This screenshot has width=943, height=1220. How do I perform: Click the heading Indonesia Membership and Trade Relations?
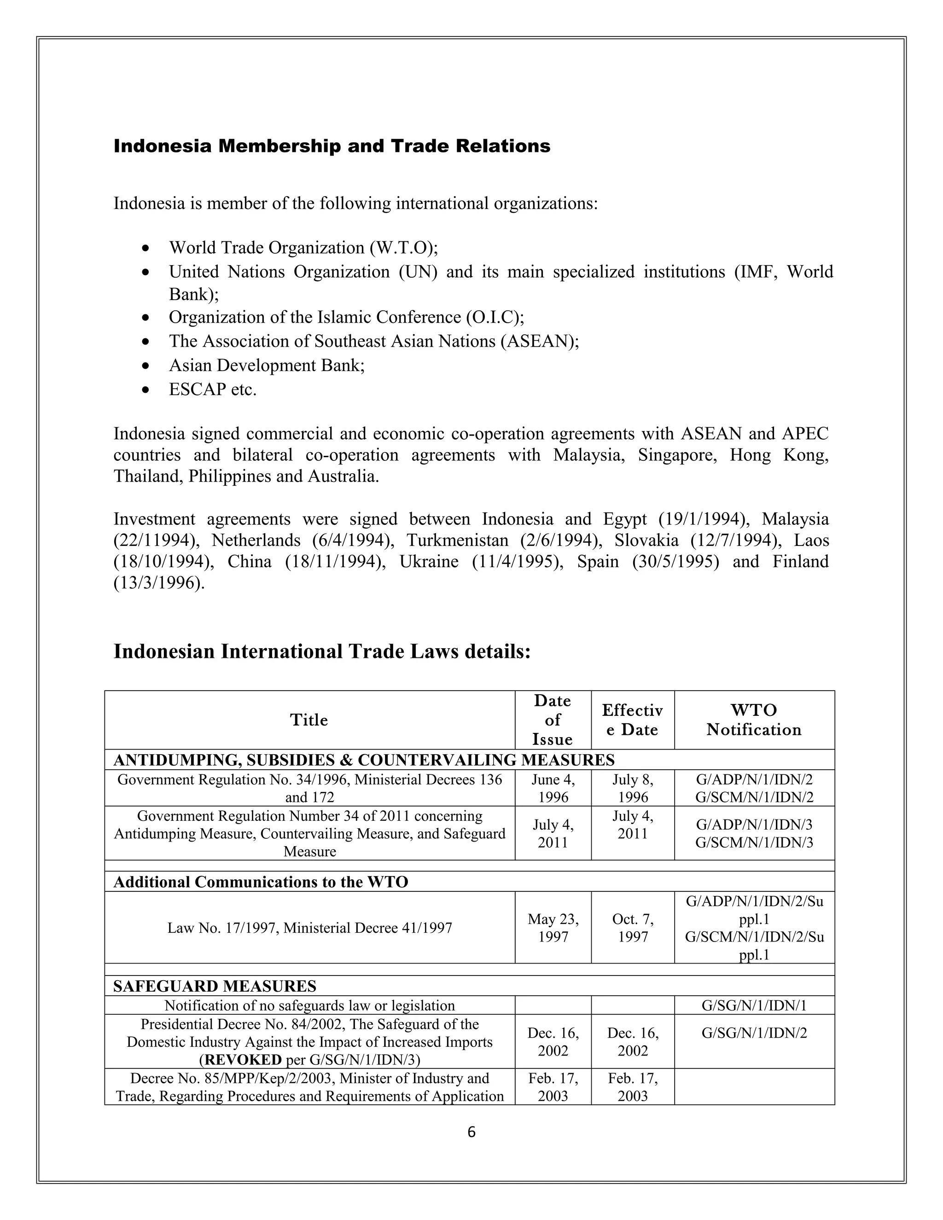click(x=332, y=146)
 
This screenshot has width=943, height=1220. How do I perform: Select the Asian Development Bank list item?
click(x=267, y=366)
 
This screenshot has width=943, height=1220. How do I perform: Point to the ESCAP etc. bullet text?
click(x=213, y=389)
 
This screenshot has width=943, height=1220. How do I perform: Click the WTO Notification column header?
click(x=754, y=720)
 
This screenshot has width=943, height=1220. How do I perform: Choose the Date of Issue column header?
click(x=553, y=720)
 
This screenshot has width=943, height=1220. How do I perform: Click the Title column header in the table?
click(x=309, y=720)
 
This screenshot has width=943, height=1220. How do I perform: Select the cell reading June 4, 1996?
click(x=553, y=788)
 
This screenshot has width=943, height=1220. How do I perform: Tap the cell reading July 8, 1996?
click(x=632, y=788)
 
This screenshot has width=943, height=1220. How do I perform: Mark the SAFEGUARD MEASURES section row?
click(x=215, y=986)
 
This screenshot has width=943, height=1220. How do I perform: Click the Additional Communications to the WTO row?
click(x=261, y=882)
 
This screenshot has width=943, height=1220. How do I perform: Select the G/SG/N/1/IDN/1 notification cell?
click(x=754, y=1005)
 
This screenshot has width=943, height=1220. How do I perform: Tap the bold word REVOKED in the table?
click(x=243, y=1060)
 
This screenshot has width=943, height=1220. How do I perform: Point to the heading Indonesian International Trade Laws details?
click(x=322, y=652)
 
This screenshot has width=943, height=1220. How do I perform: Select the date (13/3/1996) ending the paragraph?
click(x=159, y=583)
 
